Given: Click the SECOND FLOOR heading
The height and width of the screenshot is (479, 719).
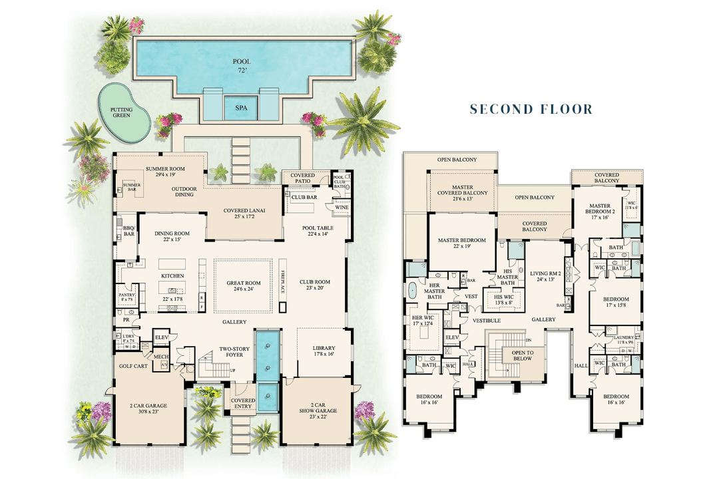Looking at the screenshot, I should pos(531,109).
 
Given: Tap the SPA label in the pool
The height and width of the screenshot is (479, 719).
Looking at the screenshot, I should pos(241,106).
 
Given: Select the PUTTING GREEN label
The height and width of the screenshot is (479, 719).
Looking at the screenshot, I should pos(121,112).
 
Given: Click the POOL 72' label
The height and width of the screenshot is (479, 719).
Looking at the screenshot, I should pos(241,65).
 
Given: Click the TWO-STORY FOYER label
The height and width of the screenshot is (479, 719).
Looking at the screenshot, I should pos(234,351).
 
